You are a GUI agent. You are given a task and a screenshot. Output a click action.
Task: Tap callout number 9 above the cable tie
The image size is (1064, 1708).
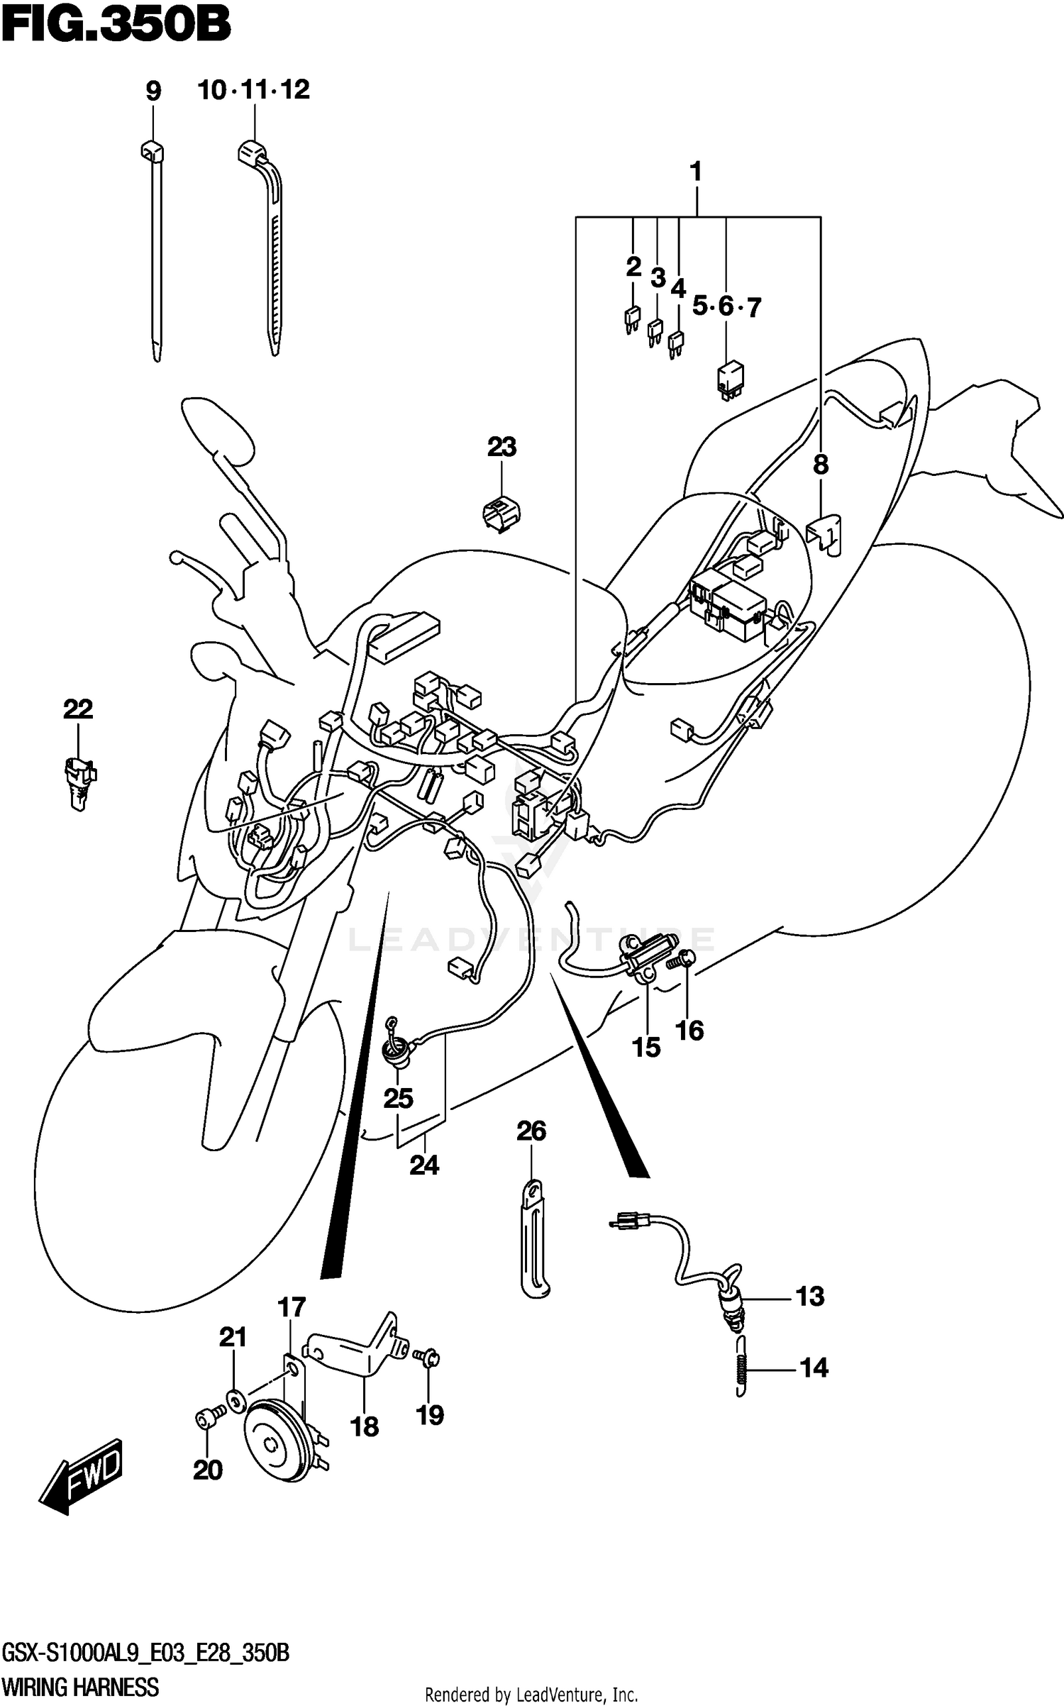[153, 91]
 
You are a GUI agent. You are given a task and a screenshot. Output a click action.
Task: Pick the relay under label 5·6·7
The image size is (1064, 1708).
[728, 379]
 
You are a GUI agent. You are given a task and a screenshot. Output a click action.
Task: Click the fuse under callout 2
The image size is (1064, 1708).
[631, 318]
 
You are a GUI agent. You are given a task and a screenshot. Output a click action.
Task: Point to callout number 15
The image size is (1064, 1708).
[646, 1048]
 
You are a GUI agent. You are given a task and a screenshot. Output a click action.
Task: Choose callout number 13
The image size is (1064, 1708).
[810, 1296]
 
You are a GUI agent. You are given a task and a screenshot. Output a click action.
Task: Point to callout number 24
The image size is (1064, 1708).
[424, 1165]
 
